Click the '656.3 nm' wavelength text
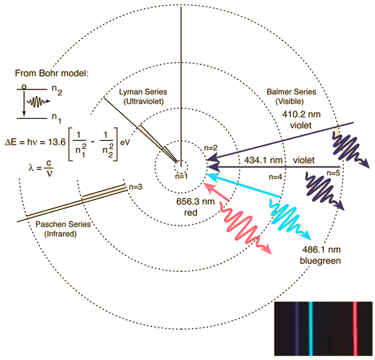click(190, 202)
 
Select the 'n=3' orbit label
click(136, 187)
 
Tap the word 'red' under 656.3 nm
click(190, 212)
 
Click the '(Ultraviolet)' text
click(143, 102)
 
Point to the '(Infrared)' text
click(64, 234)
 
